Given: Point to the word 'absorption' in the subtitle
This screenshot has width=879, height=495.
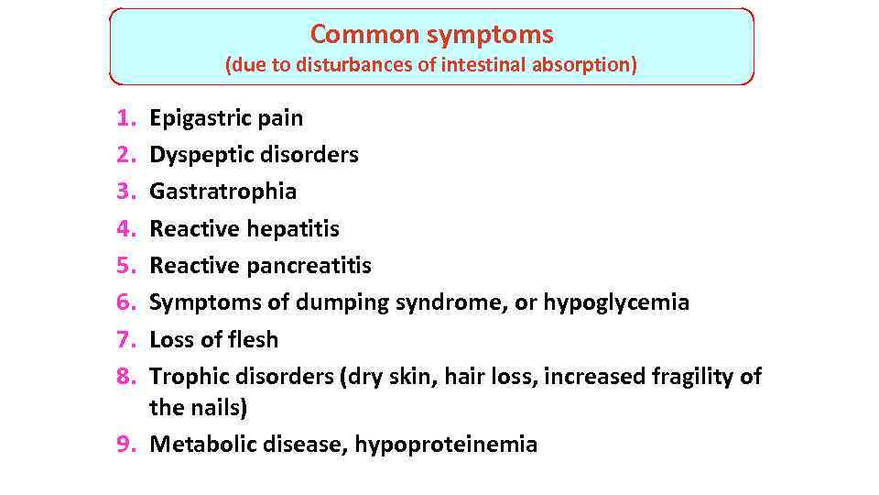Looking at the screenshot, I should click(582, 66).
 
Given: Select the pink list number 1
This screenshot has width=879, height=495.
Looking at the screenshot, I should click(125, 118).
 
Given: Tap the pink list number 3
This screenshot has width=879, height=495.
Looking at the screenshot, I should click(125, 192).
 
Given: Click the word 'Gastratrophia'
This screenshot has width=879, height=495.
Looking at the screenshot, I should click(222, 192).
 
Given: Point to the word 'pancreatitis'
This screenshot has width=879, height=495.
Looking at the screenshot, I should click(310, 266).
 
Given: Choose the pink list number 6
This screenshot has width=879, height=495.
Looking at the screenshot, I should click(125, 302).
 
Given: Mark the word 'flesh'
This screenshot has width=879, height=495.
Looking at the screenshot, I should click(252, 339).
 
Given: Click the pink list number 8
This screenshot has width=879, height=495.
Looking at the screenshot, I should click(125, 376).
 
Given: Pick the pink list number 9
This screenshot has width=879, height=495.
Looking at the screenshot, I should click(125, 445).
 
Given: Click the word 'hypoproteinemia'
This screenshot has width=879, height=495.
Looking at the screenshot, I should click(446, 445).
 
